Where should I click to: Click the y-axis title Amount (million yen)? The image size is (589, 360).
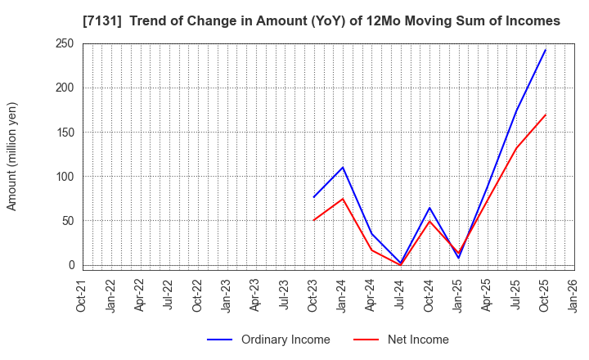tap(12, 156)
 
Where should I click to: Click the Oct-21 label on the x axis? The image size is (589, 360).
tap(83, 295)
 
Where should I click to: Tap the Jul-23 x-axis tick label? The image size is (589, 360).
tap(285, 295)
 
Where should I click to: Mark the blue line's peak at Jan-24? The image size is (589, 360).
tap(343, 168)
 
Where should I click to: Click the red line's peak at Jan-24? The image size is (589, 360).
tap(343, 199)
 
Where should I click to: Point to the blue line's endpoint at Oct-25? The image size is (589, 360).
tap(545, 50)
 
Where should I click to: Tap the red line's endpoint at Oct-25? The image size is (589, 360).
tap(545, 115)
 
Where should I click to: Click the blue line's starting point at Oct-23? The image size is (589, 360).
tap(313, 197)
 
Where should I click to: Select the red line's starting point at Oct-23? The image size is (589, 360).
tap(313, 220)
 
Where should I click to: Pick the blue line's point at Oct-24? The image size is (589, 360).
tap(429, 208)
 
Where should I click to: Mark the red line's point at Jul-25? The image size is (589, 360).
tap(516, 149)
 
